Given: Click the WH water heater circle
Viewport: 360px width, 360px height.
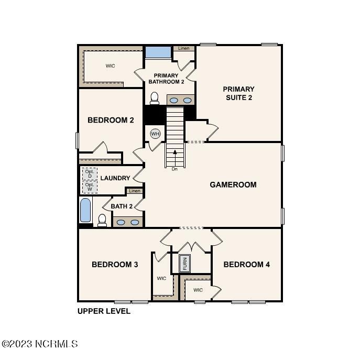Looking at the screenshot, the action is pos(155,134).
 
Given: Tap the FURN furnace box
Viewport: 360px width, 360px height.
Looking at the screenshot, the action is pos(184,264).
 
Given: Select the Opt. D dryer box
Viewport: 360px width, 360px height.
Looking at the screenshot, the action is pos(90,174).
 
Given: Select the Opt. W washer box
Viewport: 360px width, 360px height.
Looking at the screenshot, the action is pos(90,187).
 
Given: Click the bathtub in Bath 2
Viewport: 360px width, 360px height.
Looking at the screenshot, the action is pos(85,210).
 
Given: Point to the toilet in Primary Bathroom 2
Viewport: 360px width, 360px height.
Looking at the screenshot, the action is pos(154,99).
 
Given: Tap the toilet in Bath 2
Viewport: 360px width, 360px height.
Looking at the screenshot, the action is pos(102,221).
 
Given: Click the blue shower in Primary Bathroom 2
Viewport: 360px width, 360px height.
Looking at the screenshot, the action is pos(158,52).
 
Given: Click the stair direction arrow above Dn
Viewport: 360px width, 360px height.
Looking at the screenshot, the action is pos(175,158).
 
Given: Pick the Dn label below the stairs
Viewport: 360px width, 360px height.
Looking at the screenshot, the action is pos(174,169).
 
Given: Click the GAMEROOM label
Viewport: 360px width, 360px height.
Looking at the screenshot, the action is pos(233,184).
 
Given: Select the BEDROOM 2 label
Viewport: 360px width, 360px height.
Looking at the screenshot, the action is pos(111,120).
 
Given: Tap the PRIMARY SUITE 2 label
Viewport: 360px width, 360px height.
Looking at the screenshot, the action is pos(239,93).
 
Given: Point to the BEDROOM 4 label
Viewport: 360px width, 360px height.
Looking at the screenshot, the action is pos(247,265).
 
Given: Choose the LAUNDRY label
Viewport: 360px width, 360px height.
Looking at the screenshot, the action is pos(115,178).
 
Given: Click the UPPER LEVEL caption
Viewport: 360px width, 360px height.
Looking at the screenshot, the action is pos(104,311).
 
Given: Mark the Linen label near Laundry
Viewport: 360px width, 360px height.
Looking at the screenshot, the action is pos(135,191).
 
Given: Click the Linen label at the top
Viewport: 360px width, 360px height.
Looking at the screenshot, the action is pos(184,48).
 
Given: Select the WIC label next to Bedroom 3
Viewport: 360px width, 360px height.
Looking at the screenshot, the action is pos(161,278).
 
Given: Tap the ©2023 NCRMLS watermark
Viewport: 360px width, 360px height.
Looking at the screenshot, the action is pos(40,344).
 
